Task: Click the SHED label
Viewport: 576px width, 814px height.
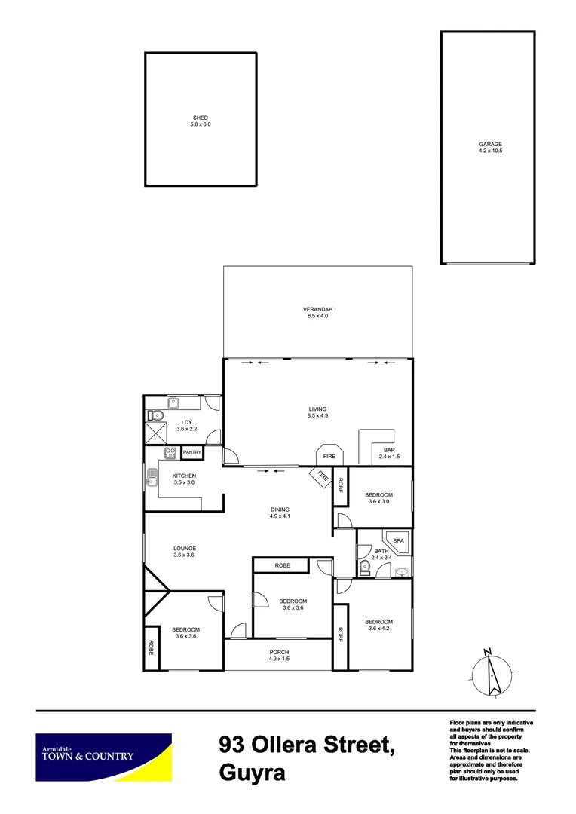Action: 200,118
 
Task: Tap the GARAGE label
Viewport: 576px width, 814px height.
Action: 489,145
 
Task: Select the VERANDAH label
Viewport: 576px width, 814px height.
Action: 317,310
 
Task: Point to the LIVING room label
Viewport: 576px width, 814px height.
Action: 317,409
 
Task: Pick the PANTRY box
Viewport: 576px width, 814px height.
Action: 191,452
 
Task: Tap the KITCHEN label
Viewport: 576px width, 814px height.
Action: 184,476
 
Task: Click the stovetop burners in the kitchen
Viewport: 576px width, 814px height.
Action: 170,453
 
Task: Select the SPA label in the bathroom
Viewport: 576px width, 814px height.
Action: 399,541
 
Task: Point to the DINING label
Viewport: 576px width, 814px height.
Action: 280,510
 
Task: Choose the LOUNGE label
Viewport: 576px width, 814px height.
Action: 185,549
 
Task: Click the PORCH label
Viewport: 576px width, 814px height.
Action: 279,653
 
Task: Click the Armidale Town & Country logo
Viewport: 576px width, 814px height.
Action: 104,757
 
